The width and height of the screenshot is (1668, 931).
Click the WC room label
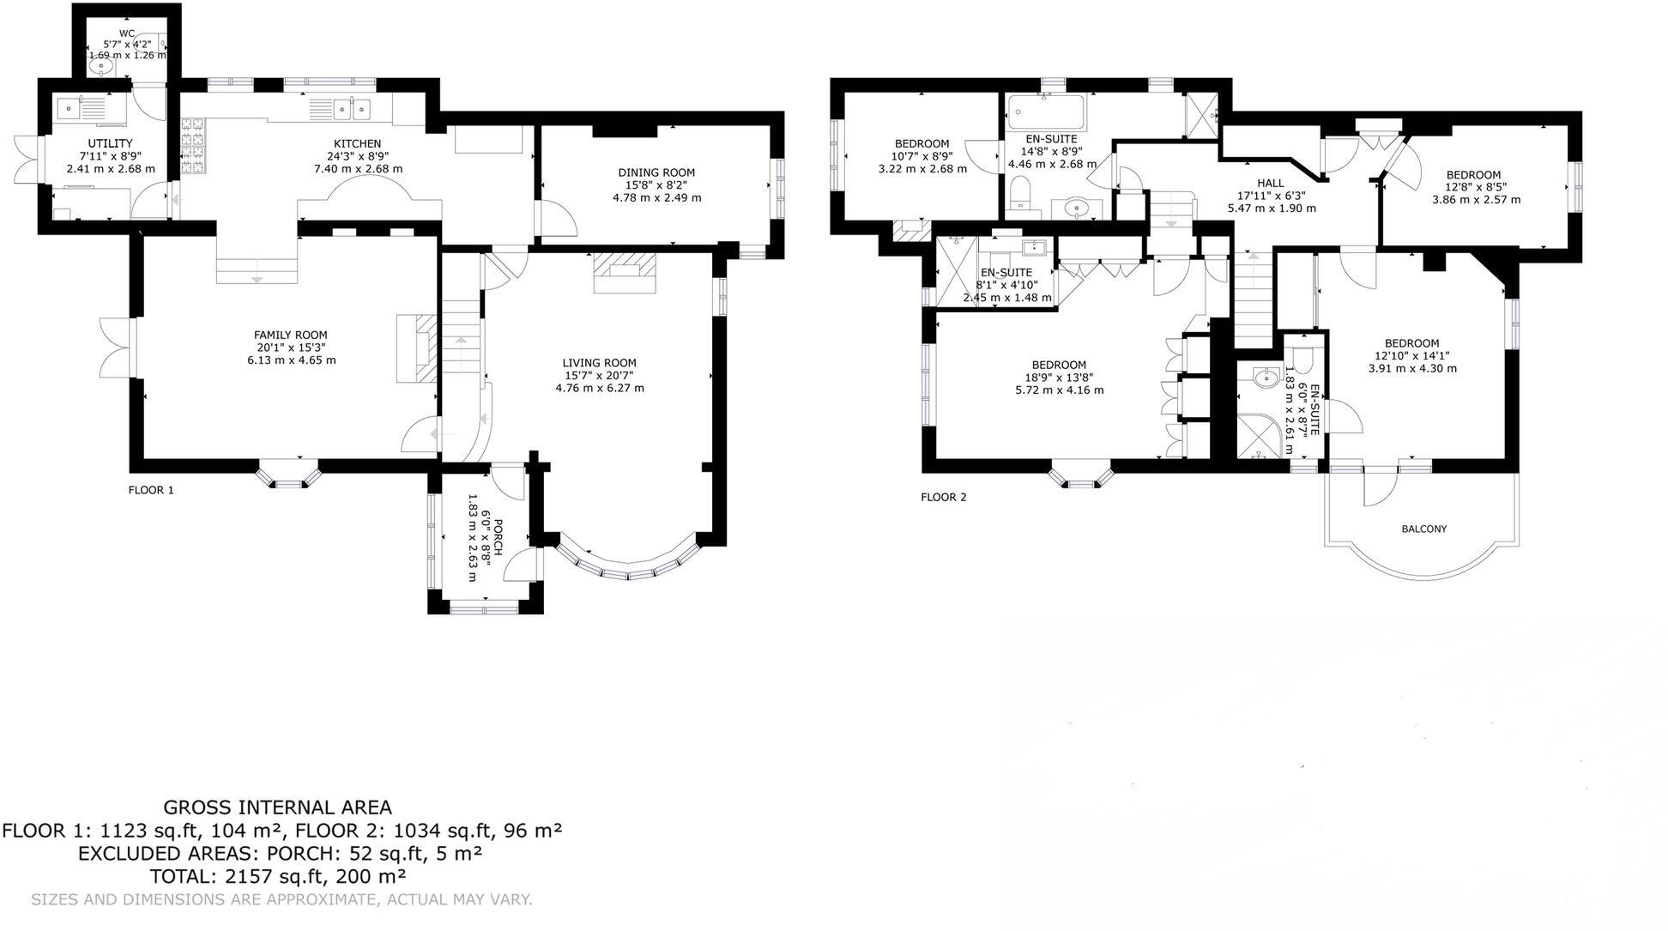(x=127, y=33)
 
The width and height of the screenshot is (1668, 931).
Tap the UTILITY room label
(x=111, y=143)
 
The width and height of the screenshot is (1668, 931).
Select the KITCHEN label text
(x=357, y=143)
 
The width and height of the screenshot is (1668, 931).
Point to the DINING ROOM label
(x=656, y=172)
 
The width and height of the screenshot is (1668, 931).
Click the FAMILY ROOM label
(x=290, y=335)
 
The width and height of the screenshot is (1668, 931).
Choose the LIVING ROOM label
(x=599, y=363)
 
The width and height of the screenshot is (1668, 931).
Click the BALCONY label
(x=1423, y=529)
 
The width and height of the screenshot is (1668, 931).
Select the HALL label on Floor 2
(x=1270, y=183)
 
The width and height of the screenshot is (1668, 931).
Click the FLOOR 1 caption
(x=151, y=490)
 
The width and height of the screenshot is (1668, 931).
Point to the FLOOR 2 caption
(x=943, y=497)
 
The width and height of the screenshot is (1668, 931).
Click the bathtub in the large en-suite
(x=1045, y=112)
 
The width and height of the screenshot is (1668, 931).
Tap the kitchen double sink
(x=352, y=109)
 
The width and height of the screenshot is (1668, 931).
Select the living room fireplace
(x=625, y=272)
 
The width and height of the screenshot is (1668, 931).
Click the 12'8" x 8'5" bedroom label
(x=1473, y=175)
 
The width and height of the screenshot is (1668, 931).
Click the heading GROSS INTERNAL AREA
(x=277, y=807)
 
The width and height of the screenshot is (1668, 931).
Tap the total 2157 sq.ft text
(x=277, y=876)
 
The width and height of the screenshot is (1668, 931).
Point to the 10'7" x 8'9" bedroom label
(x=922, y=143)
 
